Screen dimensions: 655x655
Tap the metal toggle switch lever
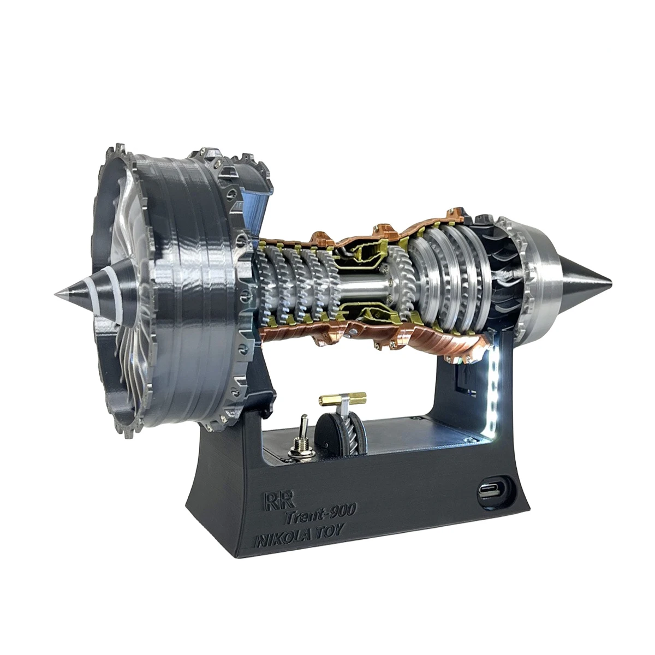coord(301,424)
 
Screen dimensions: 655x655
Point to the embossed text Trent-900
coord(320,510)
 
